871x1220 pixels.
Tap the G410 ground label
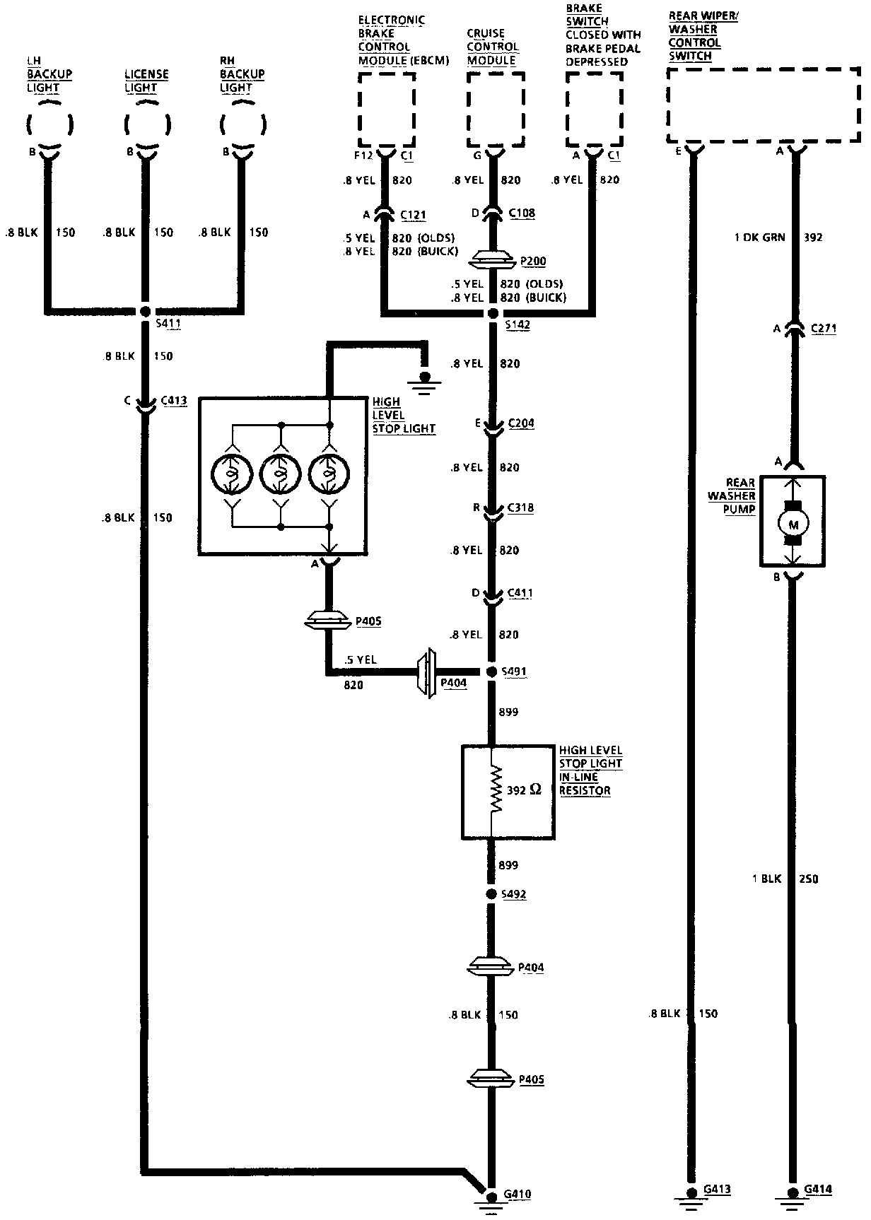518,1195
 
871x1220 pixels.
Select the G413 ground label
717,1189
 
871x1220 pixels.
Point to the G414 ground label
818,1189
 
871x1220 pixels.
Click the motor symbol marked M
793,524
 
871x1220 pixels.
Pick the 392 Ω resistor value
524,790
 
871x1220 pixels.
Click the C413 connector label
174,401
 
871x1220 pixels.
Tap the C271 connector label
824,329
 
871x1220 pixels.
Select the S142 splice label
518,325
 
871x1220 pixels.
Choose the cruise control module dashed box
496,107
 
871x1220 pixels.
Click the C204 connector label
521,423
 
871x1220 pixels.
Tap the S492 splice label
513,894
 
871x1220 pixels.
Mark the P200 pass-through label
533,262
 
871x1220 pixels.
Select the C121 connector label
413,215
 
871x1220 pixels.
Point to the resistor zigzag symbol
496,789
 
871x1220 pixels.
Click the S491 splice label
513,671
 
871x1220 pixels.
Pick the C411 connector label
520,593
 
